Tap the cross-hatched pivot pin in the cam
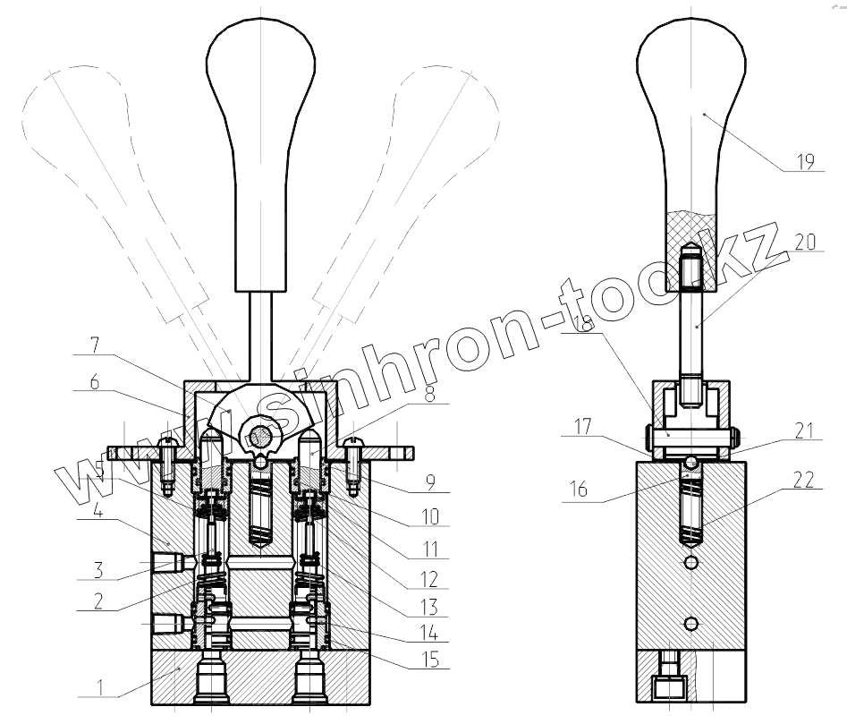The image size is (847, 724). tap(259, 437)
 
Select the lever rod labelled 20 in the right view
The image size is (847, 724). tap(690, 331)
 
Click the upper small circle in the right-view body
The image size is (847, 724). tap(690, 562)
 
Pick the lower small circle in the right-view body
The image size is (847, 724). tap(690, 623)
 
